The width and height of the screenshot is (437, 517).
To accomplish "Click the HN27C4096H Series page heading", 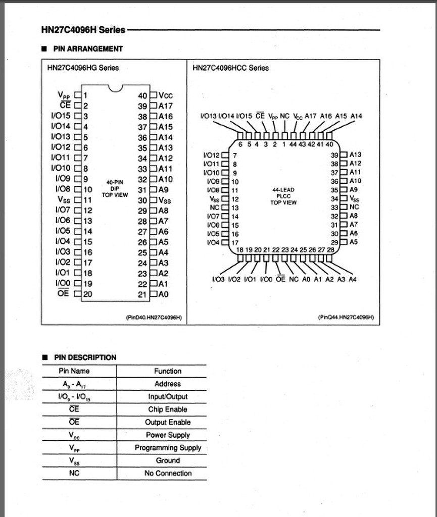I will [x=83, y=30].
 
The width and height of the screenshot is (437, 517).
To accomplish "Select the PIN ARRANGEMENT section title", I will [x=88, y=49].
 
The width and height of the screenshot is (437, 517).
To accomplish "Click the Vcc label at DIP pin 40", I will [x=166, y=95].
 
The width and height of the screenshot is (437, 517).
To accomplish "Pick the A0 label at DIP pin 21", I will [x=164, y=294].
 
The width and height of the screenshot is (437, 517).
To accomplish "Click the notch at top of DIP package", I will [x=116, y=88].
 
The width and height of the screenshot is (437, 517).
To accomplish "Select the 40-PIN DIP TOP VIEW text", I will [x=115, y=188].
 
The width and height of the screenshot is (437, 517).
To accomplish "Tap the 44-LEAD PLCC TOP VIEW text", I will [x=283, y=196].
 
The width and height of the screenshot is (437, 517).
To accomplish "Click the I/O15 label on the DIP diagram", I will [x=61, y=116].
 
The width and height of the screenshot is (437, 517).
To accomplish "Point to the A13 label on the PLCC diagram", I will [x=355, y=155].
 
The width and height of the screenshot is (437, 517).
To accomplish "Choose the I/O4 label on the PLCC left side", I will [x=214, y=243].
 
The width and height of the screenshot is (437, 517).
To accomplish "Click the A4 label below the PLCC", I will [x=352, y=279].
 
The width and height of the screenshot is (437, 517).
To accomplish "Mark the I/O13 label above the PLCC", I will [x=209, y=116].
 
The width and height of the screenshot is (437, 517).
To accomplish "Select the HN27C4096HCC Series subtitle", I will [x=231, y=68].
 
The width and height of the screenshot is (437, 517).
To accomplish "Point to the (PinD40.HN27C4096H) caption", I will [x=154, y=318].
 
